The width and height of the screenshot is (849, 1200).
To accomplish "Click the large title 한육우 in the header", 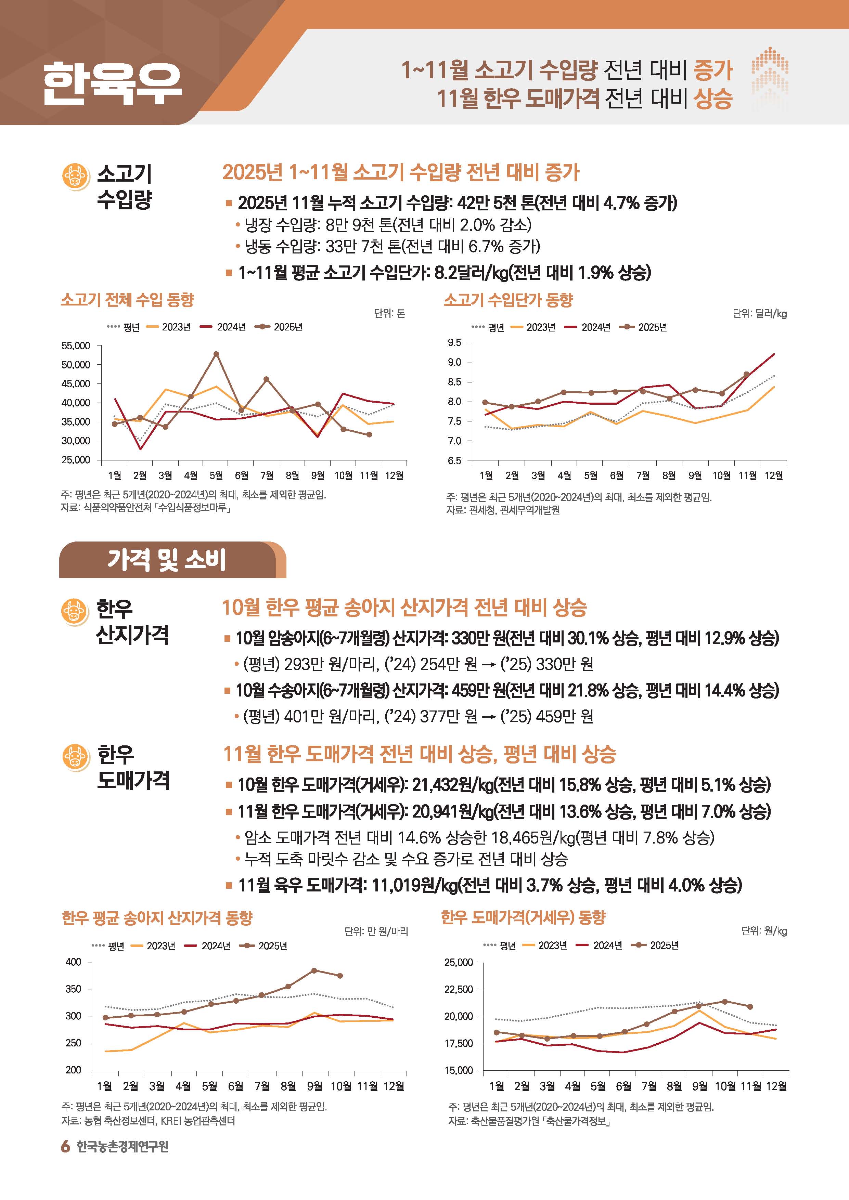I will (112, 83).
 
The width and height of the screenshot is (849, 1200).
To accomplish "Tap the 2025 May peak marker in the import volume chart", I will (216, 354).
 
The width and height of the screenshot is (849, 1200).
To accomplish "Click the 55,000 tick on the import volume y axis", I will (76, 346).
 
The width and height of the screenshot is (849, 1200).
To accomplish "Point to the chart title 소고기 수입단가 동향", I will (508, 300).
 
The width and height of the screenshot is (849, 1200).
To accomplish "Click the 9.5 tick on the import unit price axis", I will (454, 343).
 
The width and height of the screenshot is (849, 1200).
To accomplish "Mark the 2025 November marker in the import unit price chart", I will (747, 374).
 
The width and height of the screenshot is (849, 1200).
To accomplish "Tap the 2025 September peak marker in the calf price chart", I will (314, 970).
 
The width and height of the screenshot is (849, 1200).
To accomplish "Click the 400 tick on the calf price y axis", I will (74, 962).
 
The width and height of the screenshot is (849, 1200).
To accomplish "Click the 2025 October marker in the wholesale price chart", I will (724, 1001).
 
